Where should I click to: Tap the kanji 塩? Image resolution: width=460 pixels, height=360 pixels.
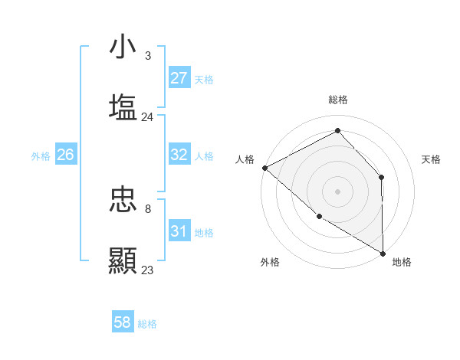(x=123, y=106)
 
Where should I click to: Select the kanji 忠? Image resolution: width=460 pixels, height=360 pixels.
(x=123, y=200)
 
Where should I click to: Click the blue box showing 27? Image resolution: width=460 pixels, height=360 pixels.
(x=179, y=78)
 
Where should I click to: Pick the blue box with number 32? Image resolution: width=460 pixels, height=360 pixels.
(x=179, y=155)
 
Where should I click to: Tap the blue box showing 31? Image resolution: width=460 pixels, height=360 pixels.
(x=179, y=231)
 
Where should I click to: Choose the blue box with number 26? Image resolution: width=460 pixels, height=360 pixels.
(x=65, y=155)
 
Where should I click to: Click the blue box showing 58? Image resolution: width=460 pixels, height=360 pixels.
(x=122, y=322)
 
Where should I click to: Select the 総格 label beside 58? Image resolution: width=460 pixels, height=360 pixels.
(x=147, y=324)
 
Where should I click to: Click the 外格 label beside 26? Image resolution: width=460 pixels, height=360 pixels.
(x=41, y=155)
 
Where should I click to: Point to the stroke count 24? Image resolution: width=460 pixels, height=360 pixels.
(x=147, y=117)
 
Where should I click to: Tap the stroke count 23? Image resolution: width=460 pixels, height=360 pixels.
(x=147, y=270)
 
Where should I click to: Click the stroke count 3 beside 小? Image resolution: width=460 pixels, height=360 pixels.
(x=148, y=56)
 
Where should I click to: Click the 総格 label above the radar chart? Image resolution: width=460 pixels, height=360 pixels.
(x=338, y=100)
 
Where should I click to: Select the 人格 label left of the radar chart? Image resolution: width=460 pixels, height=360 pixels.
(x=245, y=159)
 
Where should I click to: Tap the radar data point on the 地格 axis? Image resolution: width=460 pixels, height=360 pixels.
(x=383, y=252)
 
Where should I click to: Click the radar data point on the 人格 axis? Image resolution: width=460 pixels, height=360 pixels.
(x=264, y=167)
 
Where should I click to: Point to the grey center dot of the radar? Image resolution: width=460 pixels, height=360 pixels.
(x=337, y=191)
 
